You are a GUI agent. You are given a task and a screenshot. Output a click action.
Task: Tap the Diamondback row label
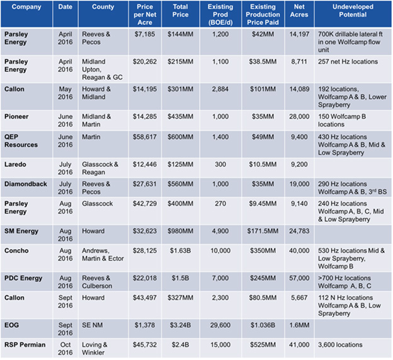26,183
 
